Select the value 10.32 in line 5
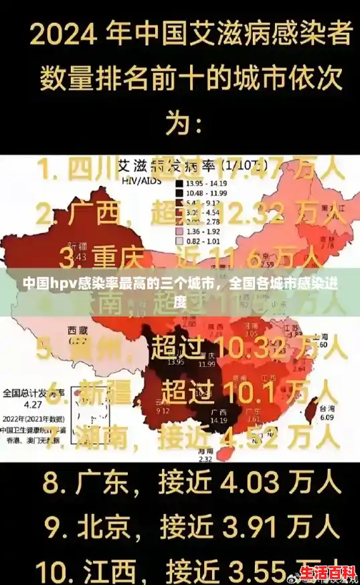point(254,349)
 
